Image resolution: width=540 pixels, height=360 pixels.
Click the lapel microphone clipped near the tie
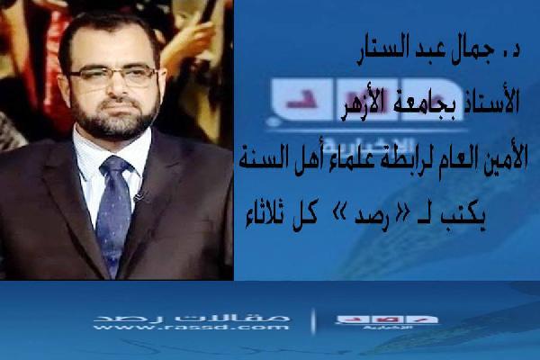138,193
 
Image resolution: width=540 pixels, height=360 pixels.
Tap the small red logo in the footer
386,319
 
